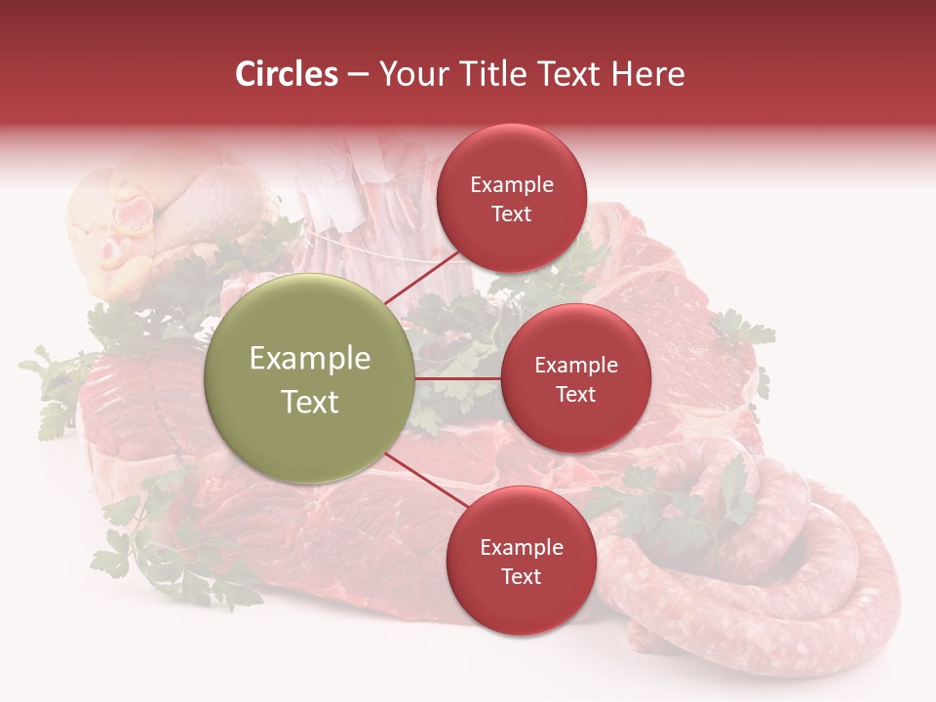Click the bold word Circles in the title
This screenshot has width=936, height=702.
coord(287,74)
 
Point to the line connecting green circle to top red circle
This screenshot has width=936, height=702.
coord(422,278)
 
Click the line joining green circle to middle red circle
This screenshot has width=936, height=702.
coord(458,378)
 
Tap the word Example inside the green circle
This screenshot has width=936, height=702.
coord(310,359)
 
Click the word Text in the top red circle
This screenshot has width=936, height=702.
coord(511,214)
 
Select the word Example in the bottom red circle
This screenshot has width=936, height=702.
coord(521,548)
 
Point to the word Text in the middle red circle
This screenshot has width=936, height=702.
coord(575,394)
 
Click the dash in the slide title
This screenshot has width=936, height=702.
coord(358,74)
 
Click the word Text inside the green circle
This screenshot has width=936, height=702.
coord(310,402)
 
